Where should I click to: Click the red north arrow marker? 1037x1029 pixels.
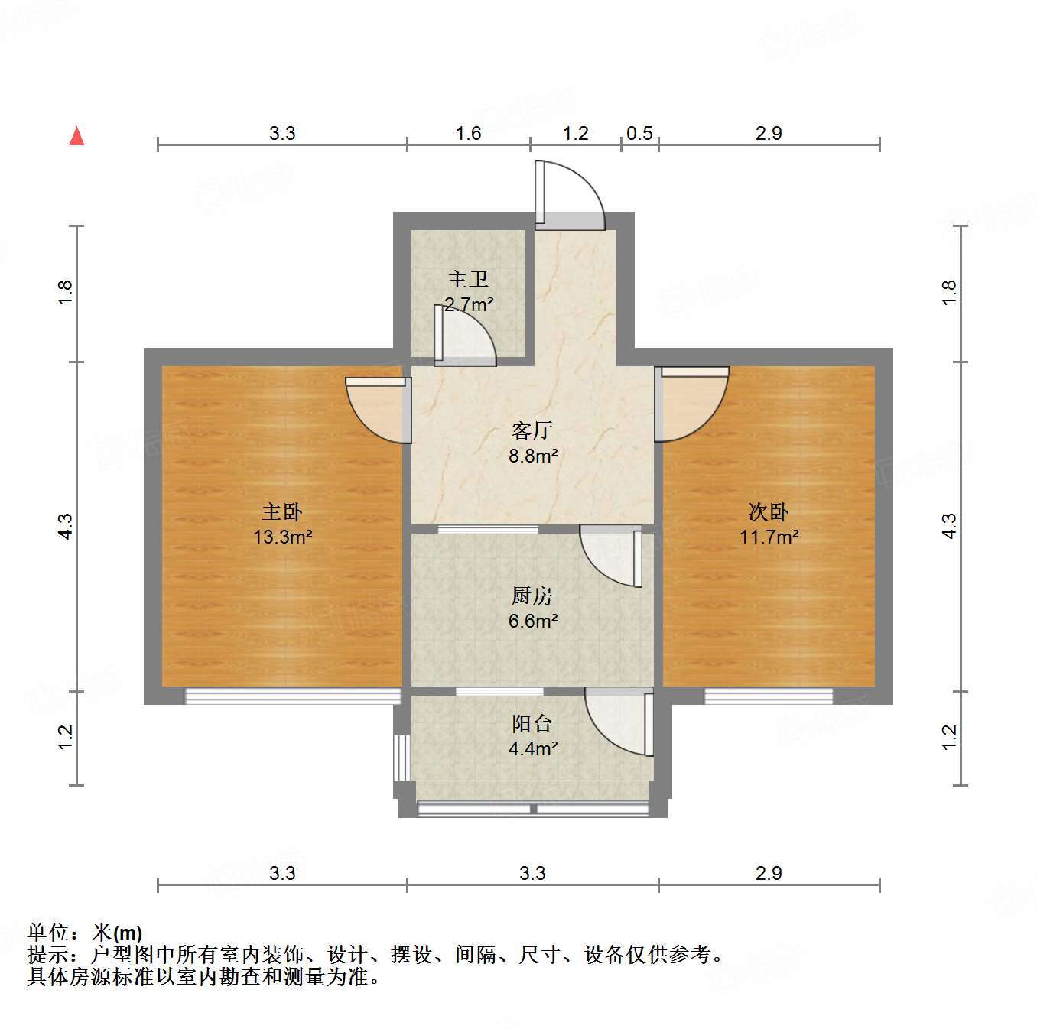pos(76,136)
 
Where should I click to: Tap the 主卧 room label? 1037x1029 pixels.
pos(282,511)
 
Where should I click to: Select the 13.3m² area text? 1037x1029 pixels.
pos(282,537)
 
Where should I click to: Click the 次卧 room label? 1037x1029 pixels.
pos(769,511)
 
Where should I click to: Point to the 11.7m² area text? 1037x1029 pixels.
pos(769,537)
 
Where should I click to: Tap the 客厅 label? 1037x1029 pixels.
pos(532,430)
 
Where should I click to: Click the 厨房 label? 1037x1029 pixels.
pos(532,596)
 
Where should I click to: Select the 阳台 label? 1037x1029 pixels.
pos(532,723)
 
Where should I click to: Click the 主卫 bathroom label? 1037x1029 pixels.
pos(468,279)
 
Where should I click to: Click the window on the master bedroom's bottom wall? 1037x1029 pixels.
pos(293,696)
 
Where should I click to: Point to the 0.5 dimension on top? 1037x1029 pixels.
pos(639,133)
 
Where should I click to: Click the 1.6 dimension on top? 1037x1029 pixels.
pos(468,133)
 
